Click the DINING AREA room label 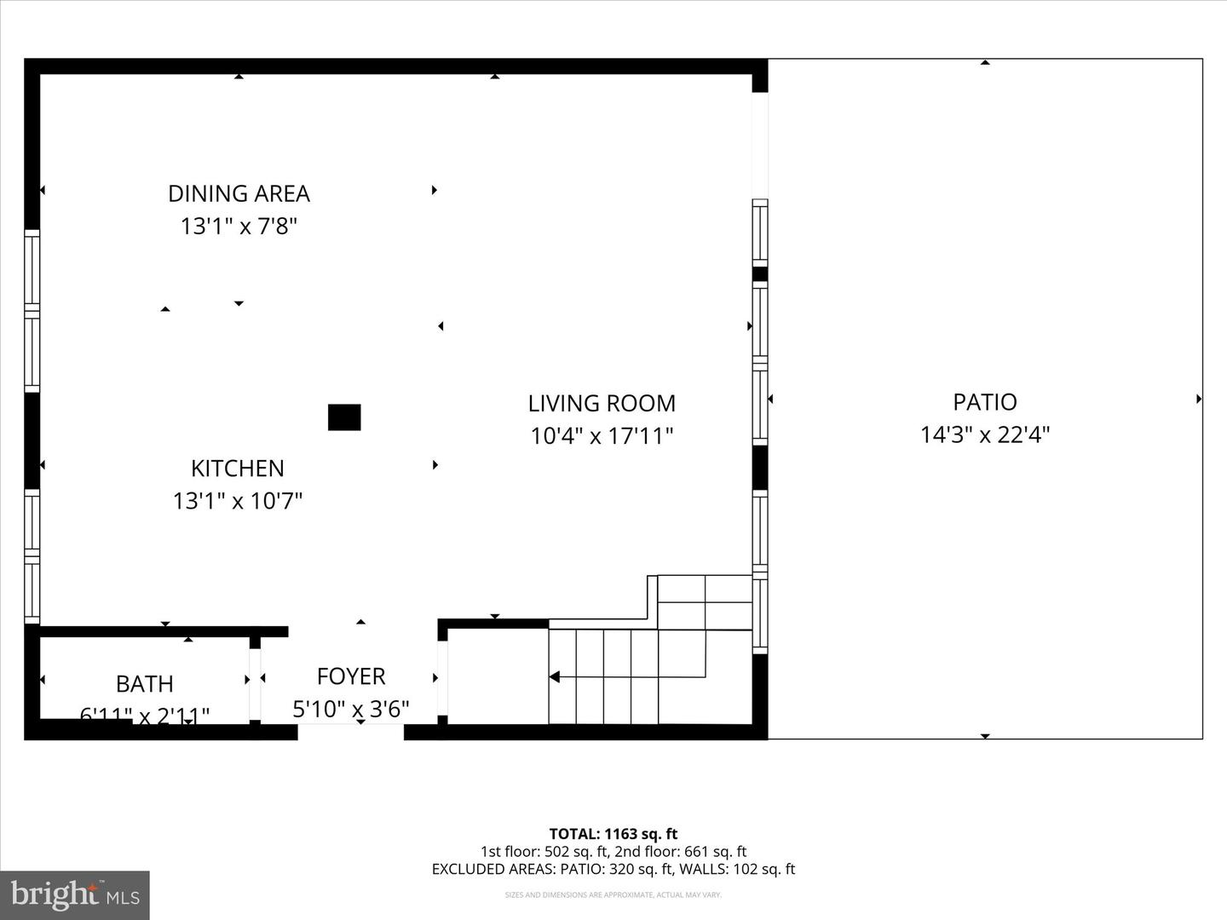pyautogui.click(x=239, y=193)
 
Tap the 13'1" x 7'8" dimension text pyautogui.click(x=239, y=227)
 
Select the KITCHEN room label pyautogui.click(x=237, y=468)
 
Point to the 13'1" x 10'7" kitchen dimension pyautogui.click(x=238, y=501)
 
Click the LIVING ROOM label pyautogui.click(x=602, y=403)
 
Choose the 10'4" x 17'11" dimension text pyautogui.click(x=602, y=436)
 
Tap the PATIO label pyautogui.click(x=985, y=401)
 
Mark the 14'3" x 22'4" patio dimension pyautogui.click(x=985, y=434)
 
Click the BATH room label pyautogui.click(x=145, y=683)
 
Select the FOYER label pyautogui.click(x=351, y=676)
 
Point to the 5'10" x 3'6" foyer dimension pyautogui.click(x=351, y=709)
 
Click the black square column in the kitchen pyautogui.click(x=344, y=417)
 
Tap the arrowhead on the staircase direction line pyautogui.click(x=554, y=677)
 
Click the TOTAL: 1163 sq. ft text pyautogui.click(x=613, y=834)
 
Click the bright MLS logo pyautogui.click(x=75, y=894)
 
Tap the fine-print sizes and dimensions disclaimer pyautogui.click(x=613, y=895)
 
